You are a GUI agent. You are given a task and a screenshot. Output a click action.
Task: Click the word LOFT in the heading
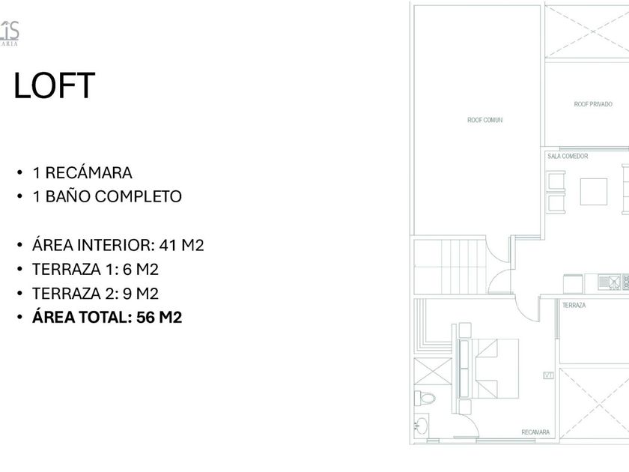55,85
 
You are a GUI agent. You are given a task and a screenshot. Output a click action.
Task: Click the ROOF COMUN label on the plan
484,120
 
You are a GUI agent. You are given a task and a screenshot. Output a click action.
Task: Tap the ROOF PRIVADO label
593,104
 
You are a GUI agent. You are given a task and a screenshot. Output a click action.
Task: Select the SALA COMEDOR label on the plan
568,157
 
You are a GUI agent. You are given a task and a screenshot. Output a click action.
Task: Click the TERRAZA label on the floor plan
574,306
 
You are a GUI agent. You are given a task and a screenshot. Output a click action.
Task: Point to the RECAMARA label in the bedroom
535,432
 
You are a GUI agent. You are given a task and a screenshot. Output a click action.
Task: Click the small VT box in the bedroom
547,375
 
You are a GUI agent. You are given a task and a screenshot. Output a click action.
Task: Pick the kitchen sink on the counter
613,282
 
